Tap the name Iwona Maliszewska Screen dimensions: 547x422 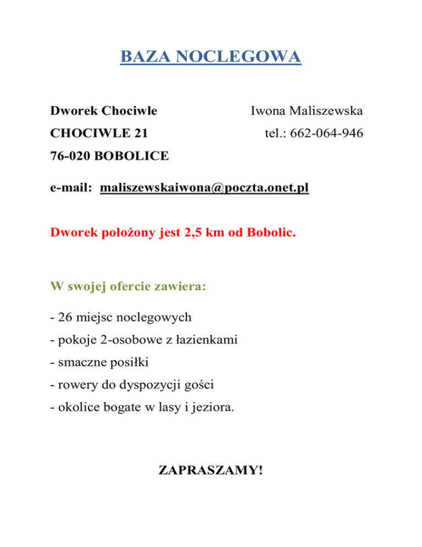(x=307, y=111)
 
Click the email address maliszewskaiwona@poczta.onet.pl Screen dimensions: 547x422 (x=204, y=189)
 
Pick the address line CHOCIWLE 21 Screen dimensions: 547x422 (x=98, y=133)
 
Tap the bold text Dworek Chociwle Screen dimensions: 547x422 (x=103, y=111)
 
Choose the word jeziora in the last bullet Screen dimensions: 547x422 (x=216, y=408)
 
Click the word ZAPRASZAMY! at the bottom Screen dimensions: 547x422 (x=210, y=471)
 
